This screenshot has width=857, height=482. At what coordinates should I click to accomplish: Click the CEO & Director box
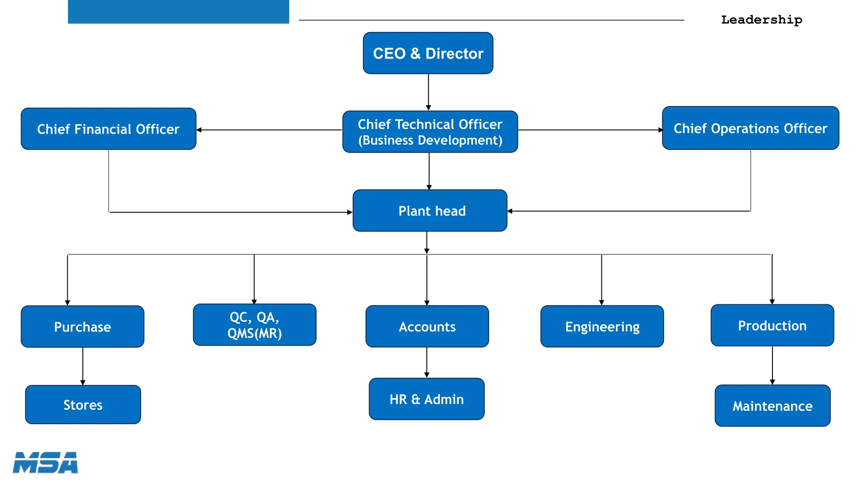[428, 53]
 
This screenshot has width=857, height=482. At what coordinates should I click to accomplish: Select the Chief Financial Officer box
[108, 129]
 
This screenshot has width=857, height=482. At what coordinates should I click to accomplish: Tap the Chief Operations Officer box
[750, 128]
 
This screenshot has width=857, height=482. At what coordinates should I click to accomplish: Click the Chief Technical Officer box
[430, 132]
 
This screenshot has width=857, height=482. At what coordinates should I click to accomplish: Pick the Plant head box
[430, 210]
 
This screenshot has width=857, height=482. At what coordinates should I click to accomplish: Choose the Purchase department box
[82, 326]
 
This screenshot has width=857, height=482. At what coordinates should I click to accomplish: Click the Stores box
[83, 405]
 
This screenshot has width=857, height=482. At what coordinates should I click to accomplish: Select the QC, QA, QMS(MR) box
[254, 325]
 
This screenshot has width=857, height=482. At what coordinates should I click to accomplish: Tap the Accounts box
[427, 326]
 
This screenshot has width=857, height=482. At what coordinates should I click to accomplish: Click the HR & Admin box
[426, 399]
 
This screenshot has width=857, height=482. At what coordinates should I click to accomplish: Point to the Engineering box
[602, 326]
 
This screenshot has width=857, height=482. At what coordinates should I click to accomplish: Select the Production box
[772, 326]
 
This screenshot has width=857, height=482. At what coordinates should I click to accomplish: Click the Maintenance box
[772, 406]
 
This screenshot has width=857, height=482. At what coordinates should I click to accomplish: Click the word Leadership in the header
[761, 20]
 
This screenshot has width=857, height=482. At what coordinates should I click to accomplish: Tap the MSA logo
[45, 463]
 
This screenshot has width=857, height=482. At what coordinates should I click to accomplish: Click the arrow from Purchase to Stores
[83, 366]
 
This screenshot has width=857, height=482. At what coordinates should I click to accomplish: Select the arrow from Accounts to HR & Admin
[427, 362]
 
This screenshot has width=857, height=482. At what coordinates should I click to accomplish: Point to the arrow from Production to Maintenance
[772, 365]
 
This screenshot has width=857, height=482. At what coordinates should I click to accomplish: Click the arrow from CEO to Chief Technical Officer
[428, 92]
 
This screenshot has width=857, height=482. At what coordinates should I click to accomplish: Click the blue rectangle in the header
[178, 12]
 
